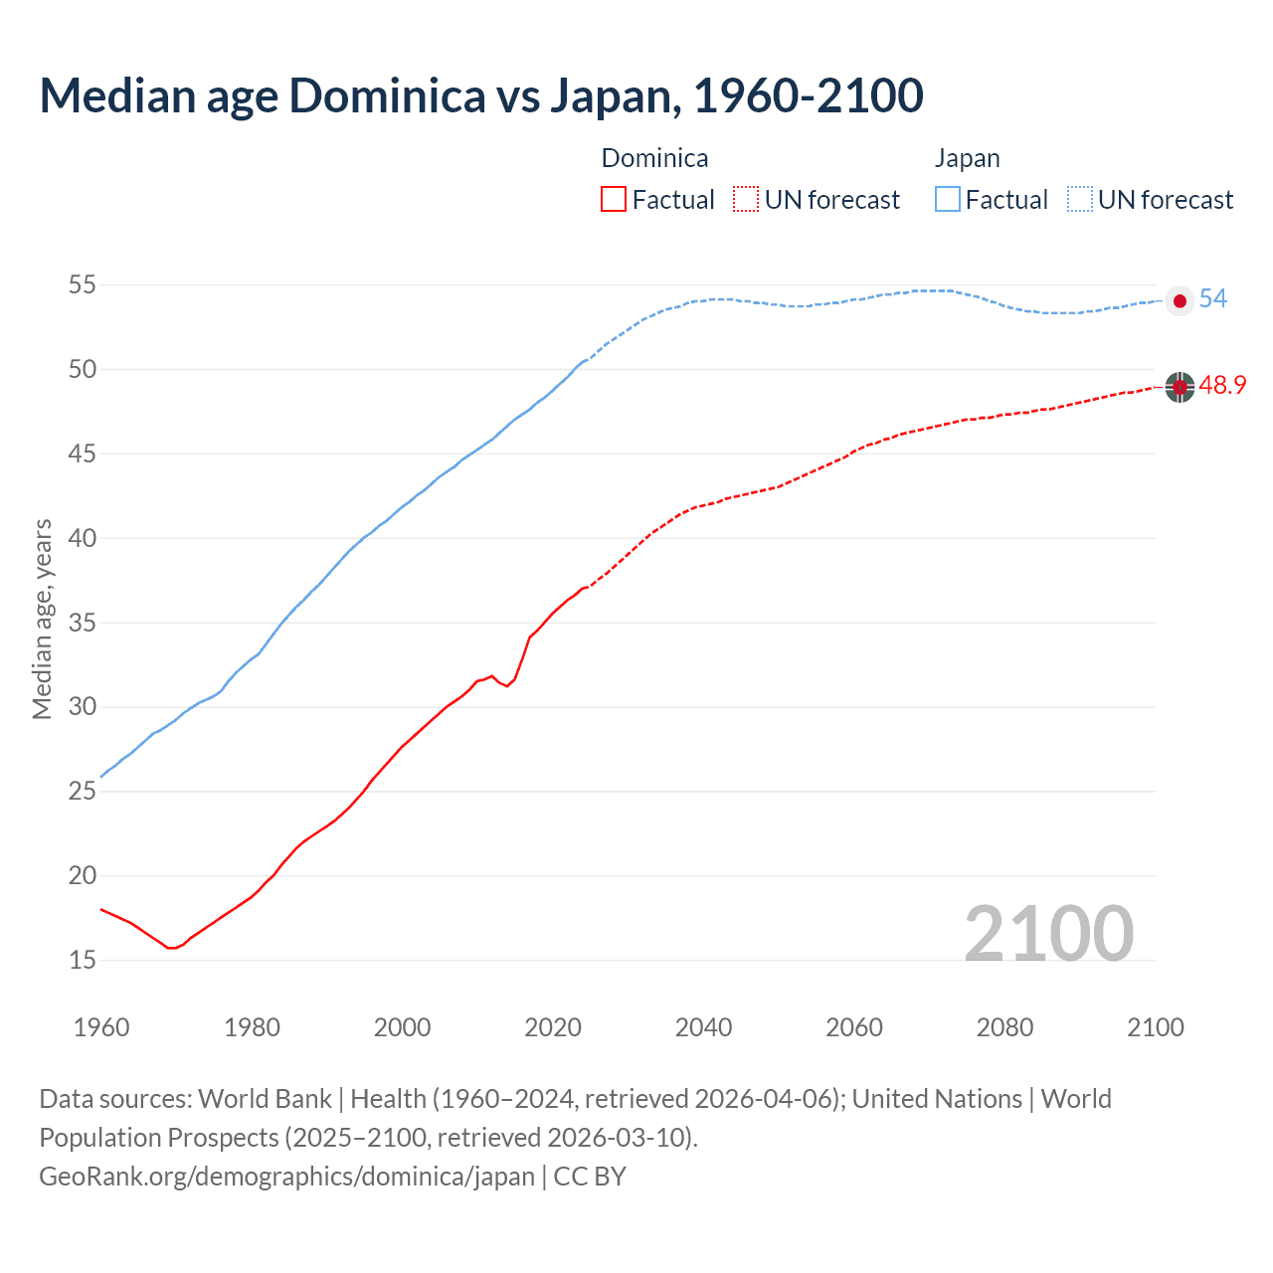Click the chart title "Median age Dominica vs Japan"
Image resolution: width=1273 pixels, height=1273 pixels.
coord(481,95)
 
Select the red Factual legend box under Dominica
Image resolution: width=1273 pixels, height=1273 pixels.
coord(614,199)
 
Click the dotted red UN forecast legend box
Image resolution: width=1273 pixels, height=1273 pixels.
coord(746,199)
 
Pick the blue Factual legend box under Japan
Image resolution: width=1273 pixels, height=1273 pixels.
coord(948,199)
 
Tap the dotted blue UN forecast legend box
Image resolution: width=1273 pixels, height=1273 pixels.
coord(1080,199)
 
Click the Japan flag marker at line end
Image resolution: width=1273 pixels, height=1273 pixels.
coord(1180,301)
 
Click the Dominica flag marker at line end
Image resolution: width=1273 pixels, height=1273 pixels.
coord(1180,387)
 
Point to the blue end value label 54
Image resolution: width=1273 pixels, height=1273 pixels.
coord(1213,298)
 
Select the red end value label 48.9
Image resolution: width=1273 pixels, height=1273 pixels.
coord(1222,385)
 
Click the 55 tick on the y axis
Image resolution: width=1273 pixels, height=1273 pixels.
coord(82,285)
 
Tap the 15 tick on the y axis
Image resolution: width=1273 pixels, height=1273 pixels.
coord(82,960)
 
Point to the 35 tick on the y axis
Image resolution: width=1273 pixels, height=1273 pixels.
coord(82,624)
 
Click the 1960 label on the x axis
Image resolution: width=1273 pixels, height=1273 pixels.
coord(101,1027)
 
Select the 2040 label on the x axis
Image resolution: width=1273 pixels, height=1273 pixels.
coord(703,1027)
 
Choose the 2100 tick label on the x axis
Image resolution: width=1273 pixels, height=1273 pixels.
coord(1156,1027)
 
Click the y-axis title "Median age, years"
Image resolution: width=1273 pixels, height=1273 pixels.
coord(42,619)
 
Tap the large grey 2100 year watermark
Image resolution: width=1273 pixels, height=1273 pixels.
coord(1048,933)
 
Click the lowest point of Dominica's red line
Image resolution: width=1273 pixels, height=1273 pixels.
coord(171,948)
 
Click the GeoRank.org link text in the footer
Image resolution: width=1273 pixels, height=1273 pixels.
coord(286,1176)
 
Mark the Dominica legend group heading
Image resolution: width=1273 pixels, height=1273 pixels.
coord(654,158)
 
